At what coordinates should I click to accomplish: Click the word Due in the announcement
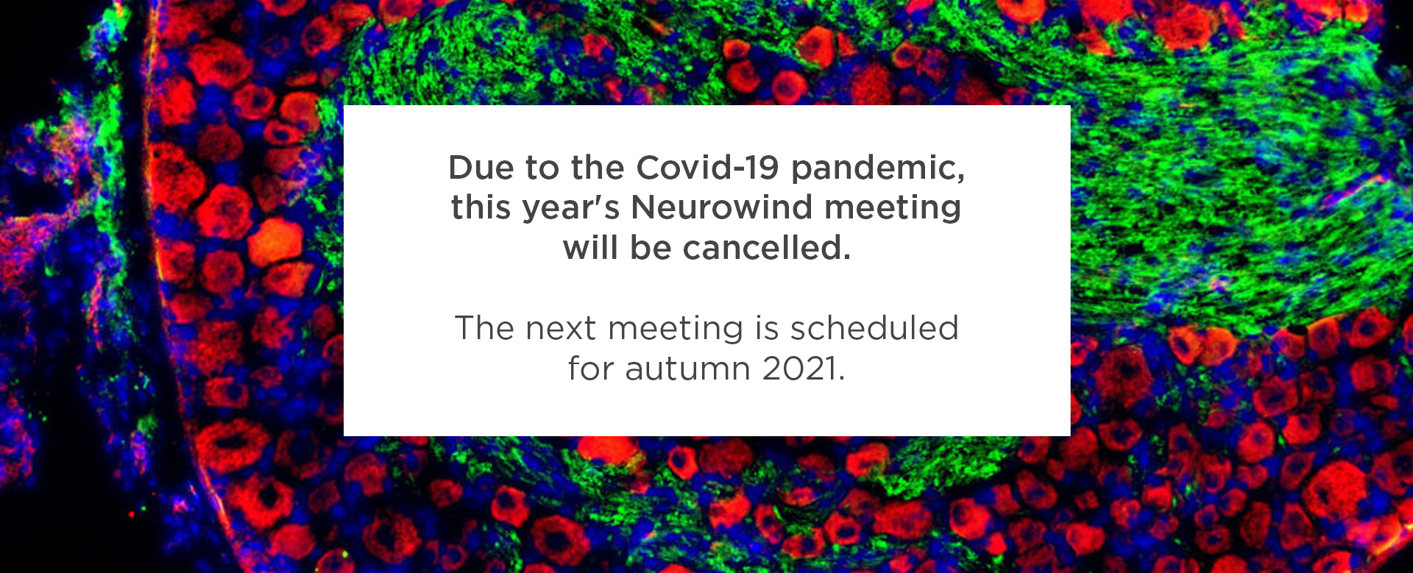tap(481, 168)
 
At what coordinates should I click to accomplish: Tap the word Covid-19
tap(707, 168)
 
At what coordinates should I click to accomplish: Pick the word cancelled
tap(767, 248)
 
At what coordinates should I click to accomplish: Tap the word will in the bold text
tap(590, 248)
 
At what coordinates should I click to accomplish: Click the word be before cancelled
tap(651, 248)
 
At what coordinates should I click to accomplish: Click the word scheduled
tap(874, 328)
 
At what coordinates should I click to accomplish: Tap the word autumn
tap(687, 369)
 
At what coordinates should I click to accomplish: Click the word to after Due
tap(542, 168)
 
